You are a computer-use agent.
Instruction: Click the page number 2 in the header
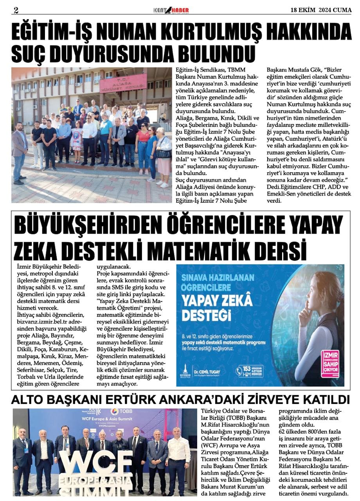point(16,10)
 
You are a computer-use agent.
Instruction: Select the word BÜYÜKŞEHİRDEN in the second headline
point(88,226)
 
